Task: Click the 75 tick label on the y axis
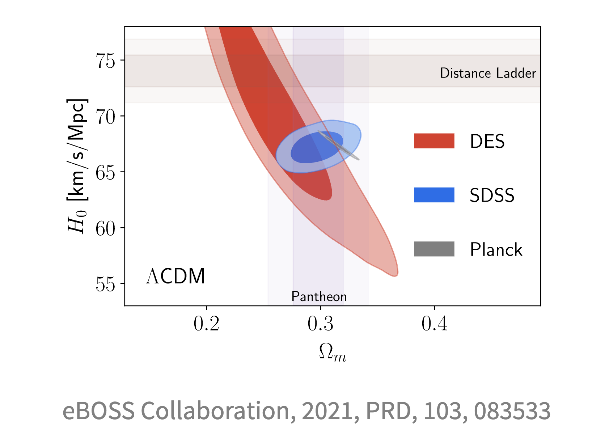(105, 60)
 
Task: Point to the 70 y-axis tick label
(105, 117)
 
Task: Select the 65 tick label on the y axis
(105, 173)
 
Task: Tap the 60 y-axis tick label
(105, 228)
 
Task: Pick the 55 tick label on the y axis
(105, 285)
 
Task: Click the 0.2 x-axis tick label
(206, 324)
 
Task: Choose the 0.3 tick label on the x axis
(320, 324)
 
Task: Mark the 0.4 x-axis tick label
(434, 324)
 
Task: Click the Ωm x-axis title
(332, 352)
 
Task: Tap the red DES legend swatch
(434, 141)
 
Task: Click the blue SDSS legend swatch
(434, 195)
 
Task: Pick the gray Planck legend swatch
(434, 249)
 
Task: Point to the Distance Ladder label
(487, 73)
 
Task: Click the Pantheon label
(319, 297)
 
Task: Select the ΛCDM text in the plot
(176, 276)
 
